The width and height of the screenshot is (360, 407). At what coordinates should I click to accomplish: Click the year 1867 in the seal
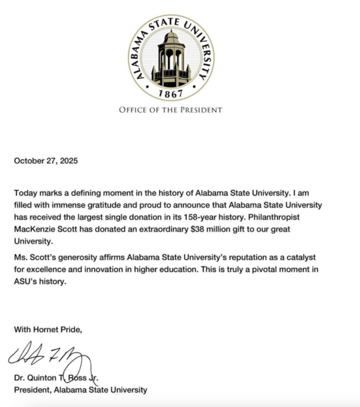(x=171, y=94)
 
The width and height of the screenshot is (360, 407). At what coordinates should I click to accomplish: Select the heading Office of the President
(x=171, y=110)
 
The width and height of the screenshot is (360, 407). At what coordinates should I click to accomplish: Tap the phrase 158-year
(x=186, y=217)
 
